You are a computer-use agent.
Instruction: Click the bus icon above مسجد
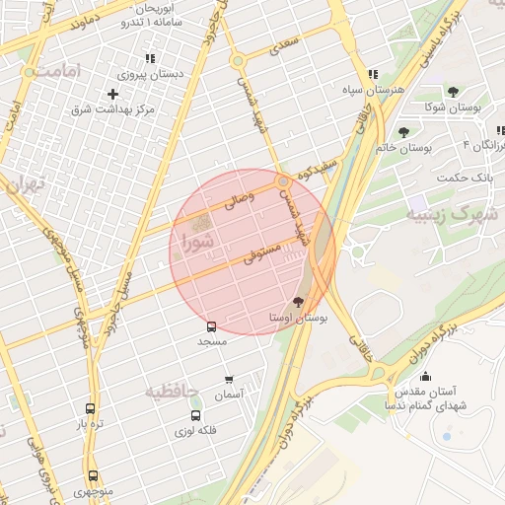(211, 326)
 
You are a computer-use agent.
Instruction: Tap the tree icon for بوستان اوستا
(299, 303)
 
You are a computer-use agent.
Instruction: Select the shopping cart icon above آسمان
(229, 379)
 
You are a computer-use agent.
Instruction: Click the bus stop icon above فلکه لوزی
(195, 415)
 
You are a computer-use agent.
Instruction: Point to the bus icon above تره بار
(91, 409)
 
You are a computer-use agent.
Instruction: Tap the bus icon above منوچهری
(93, 475)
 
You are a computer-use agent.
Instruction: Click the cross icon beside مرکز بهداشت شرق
(113, 94)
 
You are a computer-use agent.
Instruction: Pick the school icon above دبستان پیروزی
(150, 59)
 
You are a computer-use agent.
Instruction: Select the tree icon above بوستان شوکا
(453, 92)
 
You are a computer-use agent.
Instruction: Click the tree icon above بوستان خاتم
(403, 131)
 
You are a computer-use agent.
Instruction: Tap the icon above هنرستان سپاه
(373, 74)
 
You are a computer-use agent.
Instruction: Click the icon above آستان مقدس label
(425, 376)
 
